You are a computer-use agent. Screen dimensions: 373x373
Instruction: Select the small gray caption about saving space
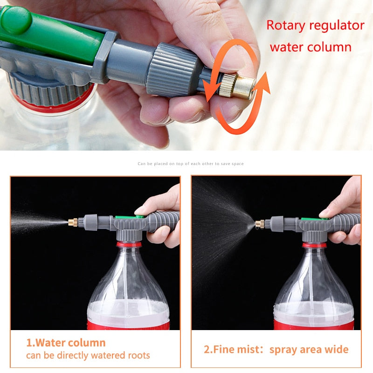coord(190,164)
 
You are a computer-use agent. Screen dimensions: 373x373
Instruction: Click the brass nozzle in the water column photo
coord(73,222)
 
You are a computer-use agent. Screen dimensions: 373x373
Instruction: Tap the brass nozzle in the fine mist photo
coord(260,224)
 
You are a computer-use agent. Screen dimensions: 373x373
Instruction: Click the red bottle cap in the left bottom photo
coord(128,244)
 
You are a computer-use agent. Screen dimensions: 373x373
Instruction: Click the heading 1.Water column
coord(66,343)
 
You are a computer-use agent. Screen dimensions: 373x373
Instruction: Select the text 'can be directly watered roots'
coord(88,356)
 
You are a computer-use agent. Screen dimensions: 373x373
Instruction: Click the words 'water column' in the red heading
coord(310,47)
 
